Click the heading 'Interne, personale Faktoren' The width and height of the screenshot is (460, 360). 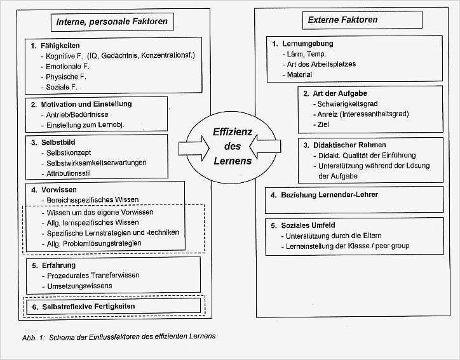(x=113, y=22)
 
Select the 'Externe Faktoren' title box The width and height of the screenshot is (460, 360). (x=343, y=20)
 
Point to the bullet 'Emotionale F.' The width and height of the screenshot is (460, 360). (x=65, y=66)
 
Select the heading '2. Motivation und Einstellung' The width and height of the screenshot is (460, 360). (x=86, y=104)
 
